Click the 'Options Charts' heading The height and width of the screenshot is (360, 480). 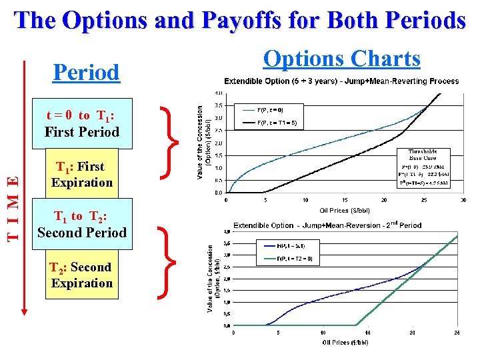tap(341, 59)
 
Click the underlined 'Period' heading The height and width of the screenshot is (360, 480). tap(86, 72)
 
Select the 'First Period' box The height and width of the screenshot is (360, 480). tap(82, 123)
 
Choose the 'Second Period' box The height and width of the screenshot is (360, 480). tap(82, 224)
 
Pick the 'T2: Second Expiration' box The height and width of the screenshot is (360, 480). tap(82, 275)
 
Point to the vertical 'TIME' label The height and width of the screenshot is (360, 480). tap(13, 207)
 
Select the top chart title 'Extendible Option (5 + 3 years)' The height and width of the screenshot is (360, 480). tap(341, 81)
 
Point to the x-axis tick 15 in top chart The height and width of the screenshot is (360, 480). tap(344, 199)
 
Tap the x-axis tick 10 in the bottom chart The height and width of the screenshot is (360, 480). tap(323, 333)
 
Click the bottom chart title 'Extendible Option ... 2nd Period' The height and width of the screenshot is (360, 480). tap(327, 225)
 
